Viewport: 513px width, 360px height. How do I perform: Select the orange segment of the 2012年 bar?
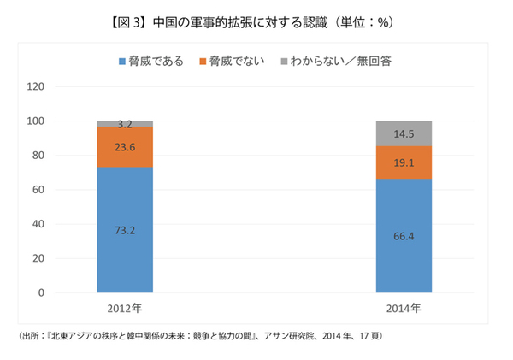[x=125, y=146]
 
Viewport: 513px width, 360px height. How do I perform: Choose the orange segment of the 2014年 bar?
[x=404, y=162]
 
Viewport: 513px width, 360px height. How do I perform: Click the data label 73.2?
[x=125, y=230]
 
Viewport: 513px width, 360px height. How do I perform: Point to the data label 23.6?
[x=125, y=146]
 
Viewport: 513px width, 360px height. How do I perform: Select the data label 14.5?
[x=404, y=133]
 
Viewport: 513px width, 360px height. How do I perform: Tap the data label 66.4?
[x=404, y=236]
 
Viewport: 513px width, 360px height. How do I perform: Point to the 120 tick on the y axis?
[x=36, y=86]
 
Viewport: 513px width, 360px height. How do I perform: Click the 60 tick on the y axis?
[x=38, y=190]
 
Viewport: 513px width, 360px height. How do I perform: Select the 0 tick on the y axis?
[x=41, y=293]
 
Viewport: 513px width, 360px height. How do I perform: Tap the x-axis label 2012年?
[x=125, y=307]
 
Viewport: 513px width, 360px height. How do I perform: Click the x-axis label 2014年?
[x=404, y=307]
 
